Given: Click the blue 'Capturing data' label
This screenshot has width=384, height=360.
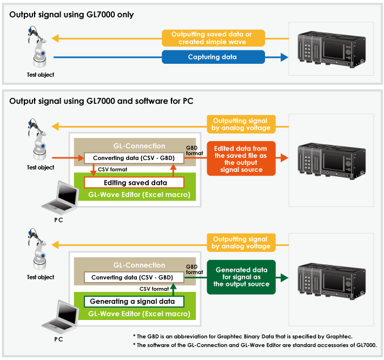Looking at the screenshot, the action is pyautogui.click(x=213, y=57).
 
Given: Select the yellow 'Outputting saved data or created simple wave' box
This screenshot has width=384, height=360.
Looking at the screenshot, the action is pyautogui.click(x=213, y=38).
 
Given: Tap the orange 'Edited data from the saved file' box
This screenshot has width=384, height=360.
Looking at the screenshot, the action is pyautogui.click(x=241, y=158).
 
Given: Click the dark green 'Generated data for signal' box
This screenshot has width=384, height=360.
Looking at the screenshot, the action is pyautogui.click(x=241, y=277).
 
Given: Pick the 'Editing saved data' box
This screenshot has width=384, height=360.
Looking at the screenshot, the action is pyautogui.click(x=134, y=183).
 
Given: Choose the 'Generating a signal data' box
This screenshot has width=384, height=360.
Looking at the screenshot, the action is pyautogui.click(x=134, y=302).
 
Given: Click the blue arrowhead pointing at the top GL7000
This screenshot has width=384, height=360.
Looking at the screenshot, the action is pyautogui.click(x=284, y=57).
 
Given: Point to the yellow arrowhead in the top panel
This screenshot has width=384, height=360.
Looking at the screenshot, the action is pyautogui.click(x=55, y=38).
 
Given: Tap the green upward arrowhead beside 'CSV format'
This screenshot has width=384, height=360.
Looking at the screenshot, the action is pyautogui.click(x=174, y=286).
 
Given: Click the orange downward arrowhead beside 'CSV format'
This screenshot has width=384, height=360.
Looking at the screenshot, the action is pyautogui.click(x=93, y=173).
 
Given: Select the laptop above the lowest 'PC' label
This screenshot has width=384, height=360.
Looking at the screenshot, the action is pyautogui.click(x=60, y=317).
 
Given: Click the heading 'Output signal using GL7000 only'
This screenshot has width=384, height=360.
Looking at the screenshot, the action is pyautogui.click(x=71, y=15).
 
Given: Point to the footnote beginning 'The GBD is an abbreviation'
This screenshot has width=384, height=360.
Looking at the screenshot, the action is pyautogui.click(x=243, y=337).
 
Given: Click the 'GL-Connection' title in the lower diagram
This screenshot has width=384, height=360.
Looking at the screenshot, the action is pyautogui.click(x=139, y=265).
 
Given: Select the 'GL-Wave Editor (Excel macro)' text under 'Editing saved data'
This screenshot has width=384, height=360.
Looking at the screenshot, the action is pyautogui.click(x=139, y=195).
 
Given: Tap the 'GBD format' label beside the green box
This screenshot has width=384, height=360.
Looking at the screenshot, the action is pyautogui.click(x=194, y=269).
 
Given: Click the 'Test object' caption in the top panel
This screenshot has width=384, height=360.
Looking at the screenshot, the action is pyautogui.click(x=41, y=75).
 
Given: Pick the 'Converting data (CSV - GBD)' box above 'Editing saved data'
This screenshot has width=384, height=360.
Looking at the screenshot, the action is pyautogui.click(x=134, y=158).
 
